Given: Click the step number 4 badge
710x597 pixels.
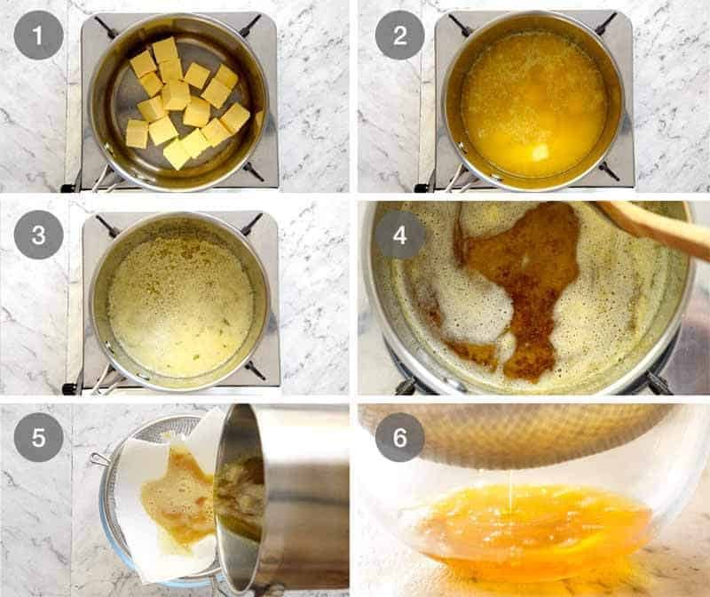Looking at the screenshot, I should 398,235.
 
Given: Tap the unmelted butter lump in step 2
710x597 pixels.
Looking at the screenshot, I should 540,153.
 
